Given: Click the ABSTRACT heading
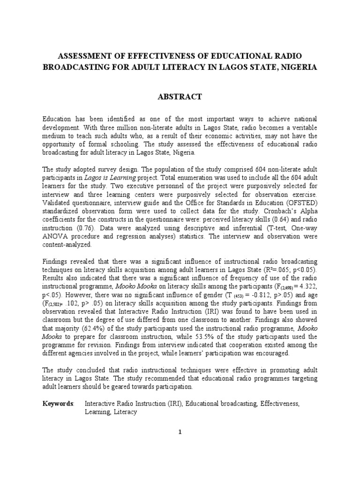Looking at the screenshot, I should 180,97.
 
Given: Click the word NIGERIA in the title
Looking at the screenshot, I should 297,67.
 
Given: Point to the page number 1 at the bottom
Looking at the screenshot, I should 180,432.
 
